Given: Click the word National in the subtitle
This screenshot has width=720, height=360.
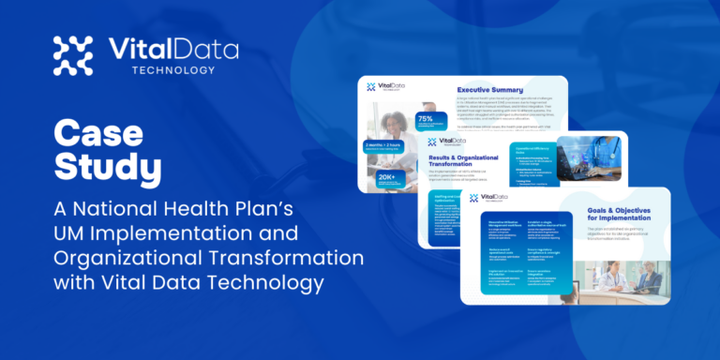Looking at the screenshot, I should point(122,208).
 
